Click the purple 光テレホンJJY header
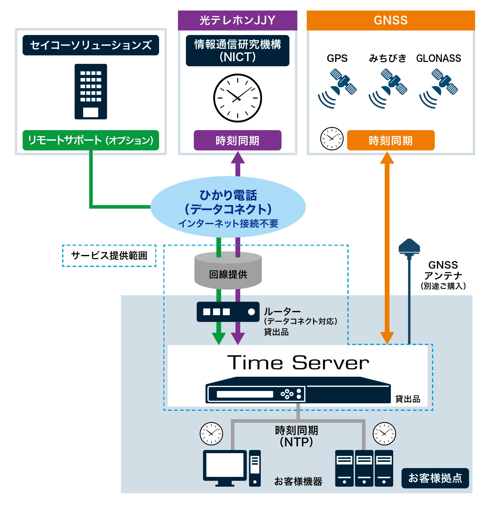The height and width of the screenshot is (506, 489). [237, 20]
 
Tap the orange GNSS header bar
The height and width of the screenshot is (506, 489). [390, 20]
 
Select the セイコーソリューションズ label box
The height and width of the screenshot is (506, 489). [91, 45]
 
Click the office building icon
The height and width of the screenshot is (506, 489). [91, 92]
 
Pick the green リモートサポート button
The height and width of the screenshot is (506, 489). [91, 140]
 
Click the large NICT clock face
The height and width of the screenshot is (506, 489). [237, 98]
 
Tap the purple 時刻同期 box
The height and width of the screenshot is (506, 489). [237, 140]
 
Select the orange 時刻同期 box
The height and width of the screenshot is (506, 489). [390, 140]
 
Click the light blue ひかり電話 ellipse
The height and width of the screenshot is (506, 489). [228, 207]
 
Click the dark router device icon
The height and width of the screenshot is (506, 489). [228, 312]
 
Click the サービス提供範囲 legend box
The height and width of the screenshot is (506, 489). [109, 256]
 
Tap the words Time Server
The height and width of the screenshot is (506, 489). [298, 363]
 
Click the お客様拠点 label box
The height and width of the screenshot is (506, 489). [435, 478]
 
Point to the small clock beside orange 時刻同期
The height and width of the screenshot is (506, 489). [332, 139]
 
